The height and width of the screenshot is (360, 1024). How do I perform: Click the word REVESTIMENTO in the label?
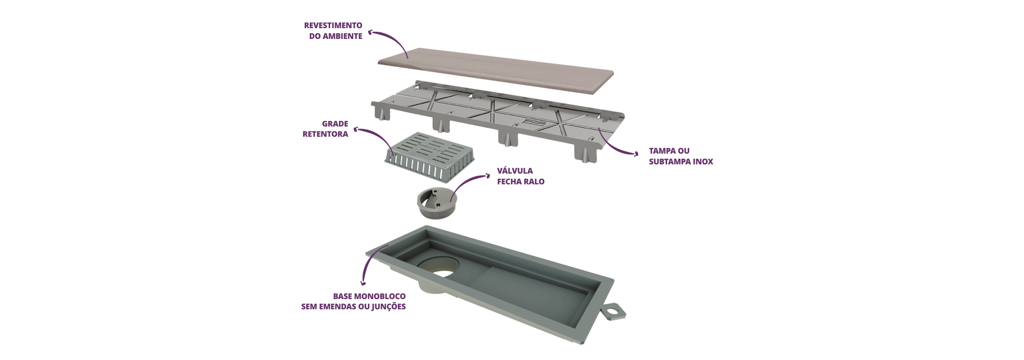333,25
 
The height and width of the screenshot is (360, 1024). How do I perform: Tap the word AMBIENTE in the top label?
343,36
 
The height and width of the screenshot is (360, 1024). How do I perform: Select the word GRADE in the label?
335,124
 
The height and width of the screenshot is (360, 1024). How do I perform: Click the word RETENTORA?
325,134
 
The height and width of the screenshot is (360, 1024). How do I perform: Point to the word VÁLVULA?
515,171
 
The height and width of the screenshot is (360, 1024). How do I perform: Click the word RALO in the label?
534,182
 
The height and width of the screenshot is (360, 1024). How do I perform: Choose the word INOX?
703,162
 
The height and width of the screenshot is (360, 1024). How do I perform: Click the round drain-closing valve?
436,203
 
